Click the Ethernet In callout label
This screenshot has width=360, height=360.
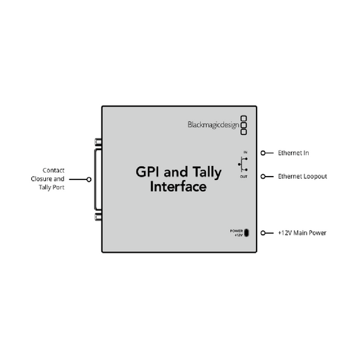tap(293, 153)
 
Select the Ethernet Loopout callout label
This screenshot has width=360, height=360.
tap(303, 176)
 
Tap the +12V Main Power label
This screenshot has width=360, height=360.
tap(302, 233)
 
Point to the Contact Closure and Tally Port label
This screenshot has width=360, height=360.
tap(47, 179)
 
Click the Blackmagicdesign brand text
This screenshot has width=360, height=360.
tap(213, 125)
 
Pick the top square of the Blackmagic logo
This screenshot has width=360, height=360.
tap(243, 119)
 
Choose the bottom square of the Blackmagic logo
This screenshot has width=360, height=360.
tap(243, 132)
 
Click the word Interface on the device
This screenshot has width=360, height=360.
tap(178, 187)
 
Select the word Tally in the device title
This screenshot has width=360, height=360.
tap(207, 173)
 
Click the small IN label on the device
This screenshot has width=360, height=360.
tap(245, 152)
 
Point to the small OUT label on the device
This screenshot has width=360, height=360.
tap(243, 177)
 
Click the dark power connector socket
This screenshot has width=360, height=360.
tap(247, 233)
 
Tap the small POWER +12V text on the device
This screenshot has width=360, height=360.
tap(237, 233)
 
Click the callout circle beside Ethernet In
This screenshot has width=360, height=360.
tap(263, 153)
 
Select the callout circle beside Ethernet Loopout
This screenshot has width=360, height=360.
tap(263, 176)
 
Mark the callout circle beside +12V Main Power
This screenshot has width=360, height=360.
tap(263, 233)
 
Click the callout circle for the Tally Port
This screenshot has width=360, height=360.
tap(89, 179)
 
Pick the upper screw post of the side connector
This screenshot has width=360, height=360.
tap(98, 142)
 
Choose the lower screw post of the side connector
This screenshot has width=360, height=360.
tap(98, 217)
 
